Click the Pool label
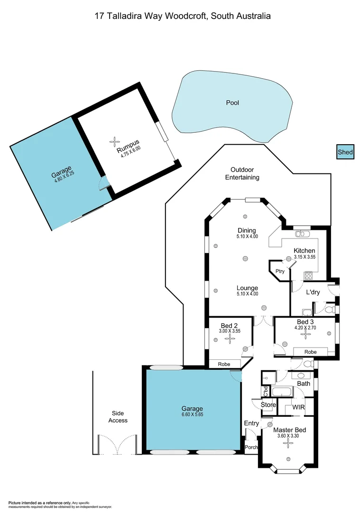(x=232, y=103)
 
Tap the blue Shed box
(x=345, y=152)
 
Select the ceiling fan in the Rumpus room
(x=114, y=140)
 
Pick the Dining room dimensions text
(x=247, y=236)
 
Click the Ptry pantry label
(x=280, y=271)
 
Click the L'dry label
(x=313, y=293)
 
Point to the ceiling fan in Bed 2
(x=230, y=338)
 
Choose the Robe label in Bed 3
(x=310, y=352)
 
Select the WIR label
(x=298, y=407)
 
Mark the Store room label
(x=268, y=405)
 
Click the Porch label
(x=251, y=447)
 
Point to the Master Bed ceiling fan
(x=286, y=443)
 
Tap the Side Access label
(x=118, y=417)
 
